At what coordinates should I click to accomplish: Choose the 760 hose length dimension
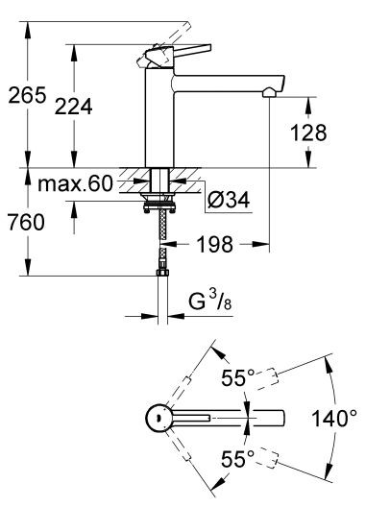click(27, 223)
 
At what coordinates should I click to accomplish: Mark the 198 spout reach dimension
click(214, 245)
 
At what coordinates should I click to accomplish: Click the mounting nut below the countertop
click(160, 203)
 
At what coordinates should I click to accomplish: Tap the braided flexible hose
click(160, 240)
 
